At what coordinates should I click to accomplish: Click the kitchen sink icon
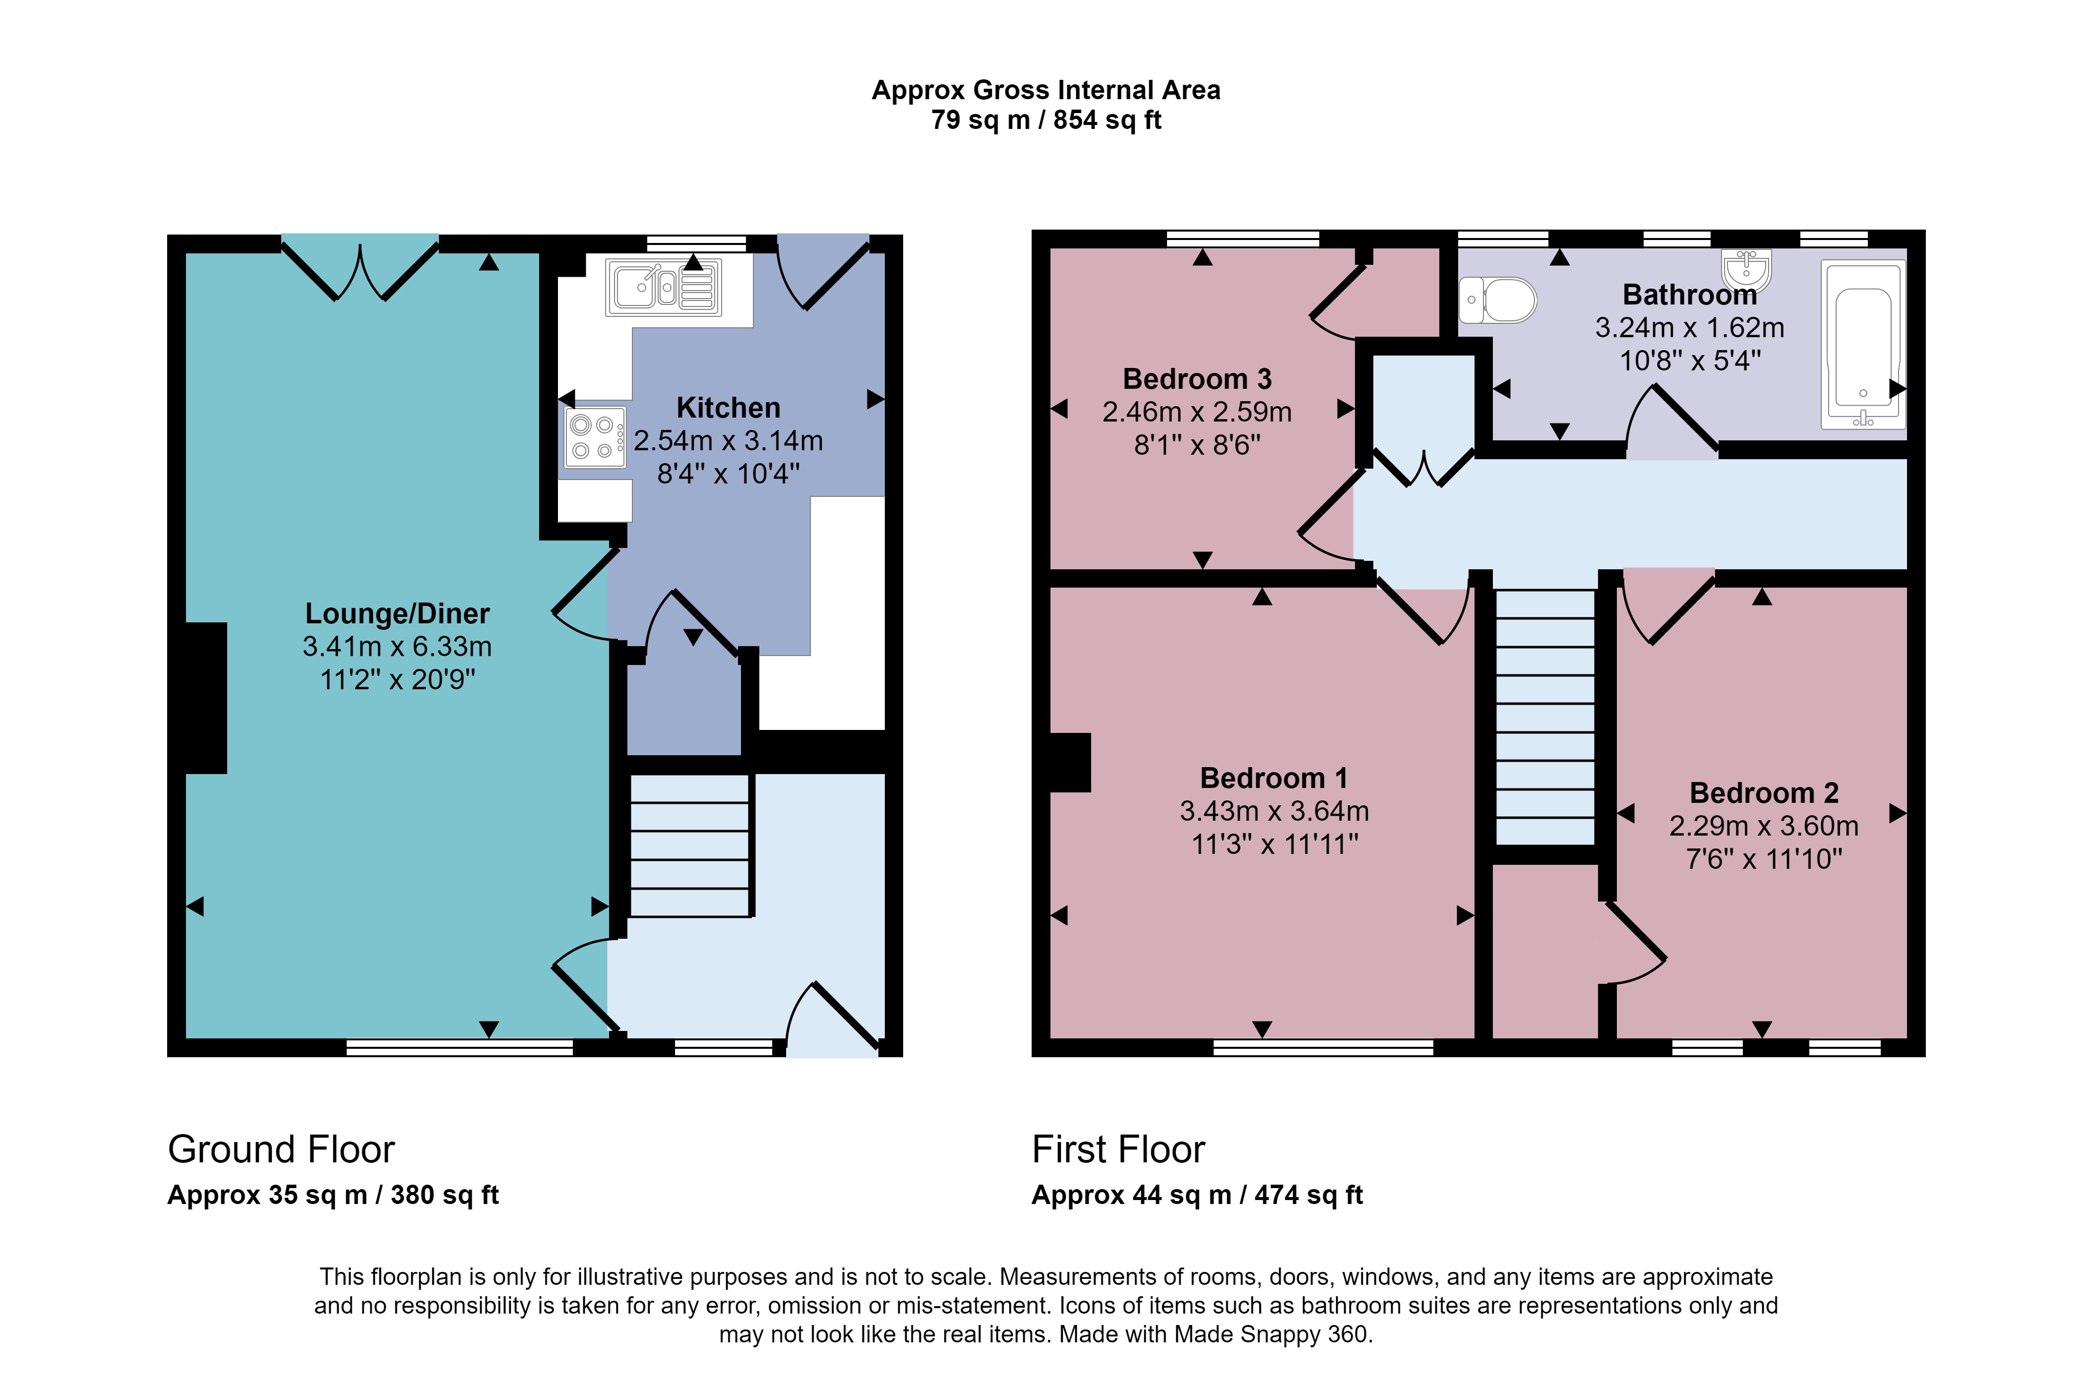tap(664, 287)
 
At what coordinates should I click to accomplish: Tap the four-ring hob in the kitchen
tap(595, 437)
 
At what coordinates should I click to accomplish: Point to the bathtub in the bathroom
tap(1863, 345)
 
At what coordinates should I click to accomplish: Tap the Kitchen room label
tap(728, 408)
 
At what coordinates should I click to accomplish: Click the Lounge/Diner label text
tap(397, 613)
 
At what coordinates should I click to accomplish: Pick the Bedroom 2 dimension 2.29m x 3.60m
tap(1763, 826)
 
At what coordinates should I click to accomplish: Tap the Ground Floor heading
tap(281, 1149)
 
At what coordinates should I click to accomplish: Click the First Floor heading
tap(1118, 1149)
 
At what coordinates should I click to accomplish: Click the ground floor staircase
tap(689, 846)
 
